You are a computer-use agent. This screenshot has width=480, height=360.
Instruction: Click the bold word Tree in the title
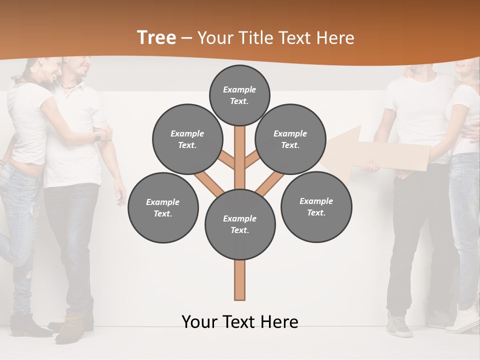point(156,37)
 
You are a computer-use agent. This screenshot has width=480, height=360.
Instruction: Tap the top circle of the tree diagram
point(239,95)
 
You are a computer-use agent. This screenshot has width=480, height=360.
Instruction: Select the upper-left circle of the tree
point(187,139)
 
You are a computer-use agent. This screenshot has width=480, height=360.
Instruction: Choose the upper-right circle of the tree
point(290,139)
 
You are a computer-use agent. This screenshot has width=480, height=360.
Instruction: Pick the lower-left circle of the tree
point(162,207)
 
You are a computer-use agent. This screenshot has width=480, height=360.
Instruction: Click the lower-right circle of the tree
point(316,206)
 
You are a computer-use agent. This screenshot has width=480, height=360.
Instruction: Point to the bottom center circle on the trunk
point(239,224)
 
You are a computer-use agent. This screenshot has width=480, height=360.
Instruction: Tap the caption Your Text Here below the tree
point(239,321)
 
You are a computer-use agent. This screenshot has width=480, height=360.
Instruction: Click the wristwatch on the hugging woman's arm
point(97,136)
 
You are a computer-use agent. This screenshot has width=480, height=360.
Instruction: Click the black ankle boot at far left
point(27,325)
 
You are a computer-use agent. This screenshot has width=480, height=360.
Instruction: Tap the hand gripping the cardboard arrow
point(370,166)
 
